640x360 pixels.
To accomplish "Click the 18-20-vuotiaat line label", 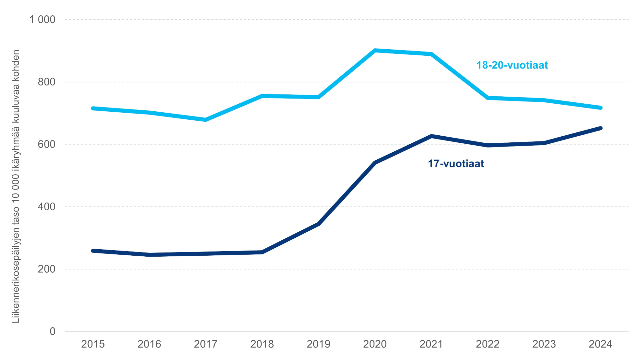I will tap(512, 65).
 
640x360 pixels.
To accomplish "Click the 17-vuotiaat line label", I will tap(456, 164).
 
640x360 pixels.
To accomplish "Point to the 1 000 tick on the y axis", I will tap(42, 20).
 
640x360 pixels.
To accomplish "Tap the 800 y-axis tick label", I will tap(46, 82).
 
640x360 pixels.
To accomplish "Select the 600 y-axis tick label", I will tap(46, 144).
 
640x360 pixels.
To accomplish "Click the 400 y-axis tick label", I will tap(46, 207).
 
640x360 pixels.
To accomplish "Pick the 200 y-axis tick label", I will tap(46, 269).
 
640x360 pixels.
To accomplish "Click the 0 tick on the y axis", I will tap(52, 332).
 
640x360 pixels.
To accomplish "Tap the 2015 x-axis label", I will tap(93, 344).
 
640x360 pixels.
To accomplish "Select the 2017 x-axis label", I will tap(206, 344).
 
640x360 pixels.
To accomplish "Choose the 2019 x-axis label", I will tap(318, 344).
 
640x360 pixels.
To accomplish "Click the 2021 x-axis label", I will tap(431, 344).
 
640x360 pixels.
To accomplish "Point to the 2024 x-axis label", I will tap(600, 344).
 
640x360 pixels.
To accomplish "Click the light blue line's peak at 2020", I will tap(375, 51).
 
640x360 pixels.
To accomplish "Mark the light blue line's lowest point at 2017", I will tap(206, 120).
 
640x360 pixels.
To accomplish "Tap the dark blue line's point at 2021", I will tap(431, 136).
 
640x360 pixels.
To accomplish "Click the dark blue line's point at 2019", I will tap(318, 224).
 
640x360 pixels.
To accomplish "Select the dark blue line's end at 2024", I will tap(600, 128).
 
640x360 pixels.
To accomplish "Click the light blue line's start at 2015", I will tap(93, 108).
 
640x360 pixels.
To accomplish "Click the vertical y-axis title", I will tap(16, 186).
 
